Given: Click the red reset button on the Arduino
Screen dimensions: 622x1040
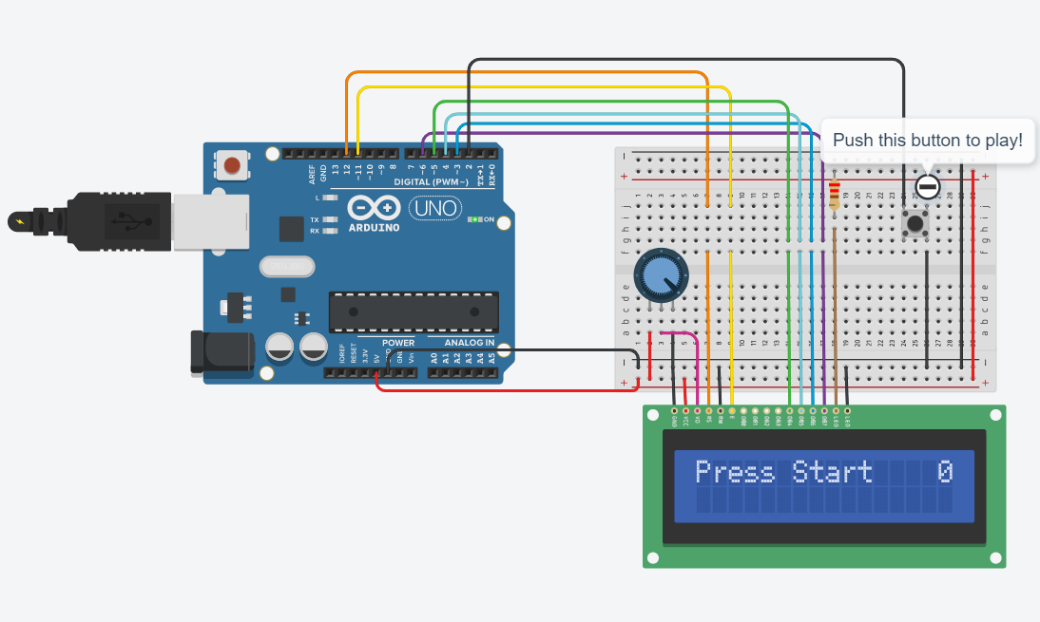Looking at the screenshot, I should (230, 167).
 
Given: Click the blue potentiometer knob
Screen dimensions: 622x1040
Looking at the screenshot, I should (661, 275).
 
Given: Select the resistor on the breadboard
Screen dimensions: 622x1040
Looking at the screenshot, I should (834, 195).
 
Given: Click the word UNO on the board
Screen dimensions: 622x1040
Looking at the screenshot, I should (435, 207).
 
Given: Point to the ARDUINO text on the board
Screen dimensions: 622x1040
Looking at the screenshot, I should (375, 228).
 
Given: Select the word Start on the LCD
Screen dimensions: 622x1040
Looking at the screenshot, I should (832, 472).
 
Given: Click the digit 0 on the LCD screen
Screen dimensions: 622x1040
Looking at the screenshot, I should (944, 472).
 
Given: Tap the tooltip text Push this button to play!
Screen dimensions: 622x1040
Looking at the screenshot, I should (927, 141).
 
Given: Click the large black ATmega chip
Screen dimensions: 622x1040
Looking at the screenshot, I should (414, 311).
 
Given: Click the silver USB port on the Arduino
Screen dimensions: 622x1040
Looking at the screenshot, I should (210, 222).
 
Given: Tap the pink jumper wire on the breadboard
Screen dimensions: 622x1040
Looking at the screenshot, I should (698, 366).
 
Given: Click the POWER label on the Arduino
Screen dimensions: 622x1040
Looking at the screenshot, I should (398, 342).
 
